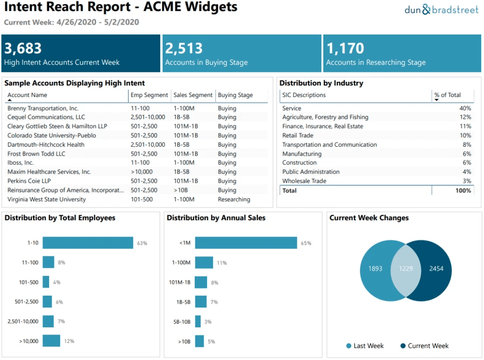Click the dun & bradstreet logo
click(x=441, y=9)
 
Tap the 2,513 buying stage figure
click(x=184, y=48)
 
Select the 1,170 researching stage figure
click(x=345, y=48)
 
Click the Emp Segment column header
click(x=149, y=95)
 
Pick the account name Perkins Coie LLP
click(x=29, y=181)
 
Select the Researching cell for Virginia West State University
click(x=234, y=200)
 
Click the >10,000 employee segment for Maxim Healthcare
click(x=142, y=172)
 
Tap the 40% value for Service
click(x=465, y=108)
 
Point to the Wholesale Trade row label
click(x=304, y=181)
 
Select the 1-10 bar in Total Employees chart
click(x=88, y=243)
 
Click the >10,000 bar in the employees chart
click(x=52, y=341)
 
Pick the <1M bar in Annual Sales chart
click(x=246, y=243)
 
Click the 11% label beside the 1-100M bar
click(x=222, y=263)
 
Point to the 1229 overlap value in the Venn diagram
click(x=406, y=269)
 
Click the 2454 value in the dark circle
click(x=436, y=269)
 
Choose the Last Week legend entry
click(x=365, y=346)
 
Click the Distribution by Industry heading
click(x=321, y=83)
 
